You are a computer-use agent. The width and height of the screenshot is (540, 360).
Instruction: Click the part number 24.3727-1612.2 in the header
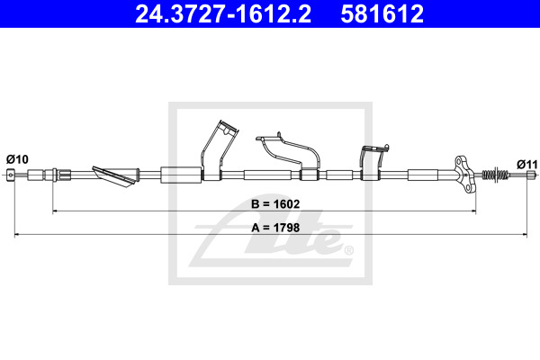223,13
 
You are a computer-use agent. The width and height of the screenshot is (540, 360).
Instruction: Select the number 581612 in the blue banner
382,13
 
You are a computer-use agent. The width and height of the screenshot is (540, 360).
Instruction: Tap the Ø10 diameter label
17,159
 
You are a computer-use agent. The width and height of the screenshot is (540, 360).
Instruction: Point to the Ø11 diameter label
527,165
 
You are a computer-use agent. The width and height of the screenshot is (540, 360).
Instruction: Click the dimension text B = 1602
275,204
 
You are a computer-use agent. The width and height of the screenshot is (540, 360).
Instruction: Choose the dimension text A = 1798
275,228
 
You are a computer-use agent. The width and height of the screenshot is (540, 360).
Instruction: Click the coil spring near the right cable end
495,175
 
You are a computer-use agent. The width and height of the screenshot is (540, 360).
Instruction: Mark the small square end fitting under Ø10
11,175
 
